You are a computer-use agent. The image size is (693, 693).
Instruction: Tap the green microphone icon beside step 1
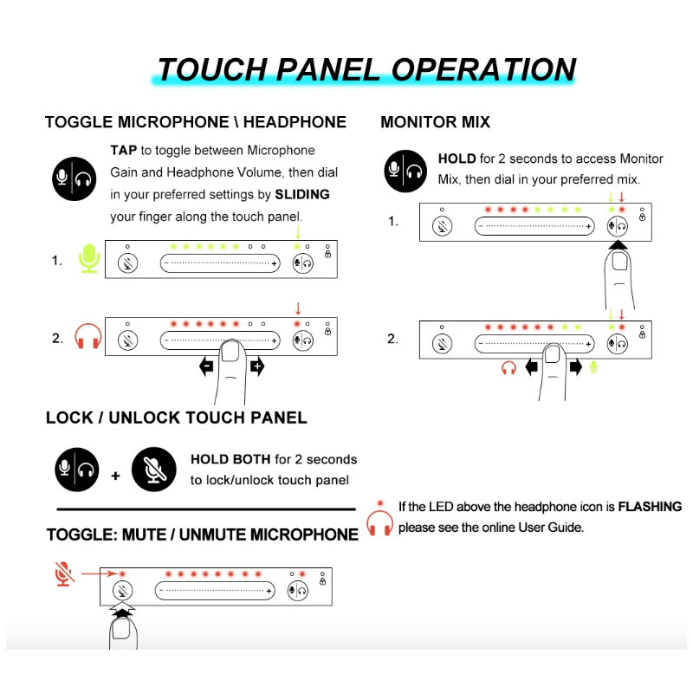[x=89, y=259]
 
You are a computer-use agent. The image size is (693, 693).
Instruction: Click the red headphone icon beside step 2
[x=88, y=337]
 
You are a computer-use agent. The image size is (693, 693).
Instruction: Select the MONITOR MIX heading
[x=435, y=122]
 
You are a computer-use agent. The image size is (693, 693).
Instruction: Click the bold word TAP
[x=124, y=150]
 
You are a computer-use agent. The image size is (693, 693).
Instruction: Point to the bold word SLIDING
[x=302, y=194]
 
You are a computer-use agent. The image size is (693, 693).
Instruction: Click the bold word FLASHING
[x=650, y=507]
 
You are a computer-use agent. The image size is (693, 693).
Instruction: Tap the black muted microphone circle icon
[x=154, y=470]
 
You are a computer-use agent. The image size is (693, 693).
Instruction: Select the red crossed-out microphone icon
[x=62, y=573]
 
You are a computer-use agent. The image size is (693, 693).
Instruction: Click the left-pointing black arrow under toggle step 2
[x=207, y=366]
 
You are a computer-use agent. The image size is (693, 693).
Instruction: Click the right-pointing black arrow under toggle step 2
[x=256, y=366]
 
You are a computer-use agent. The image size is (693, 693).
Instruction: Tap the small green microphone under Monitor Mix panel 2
[x=593, y=367]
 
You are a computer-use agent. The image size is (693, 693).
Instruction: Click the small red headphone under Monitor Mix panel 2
[x=509, y=367]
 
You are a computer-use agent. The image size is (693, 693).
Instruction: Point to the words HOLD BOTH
[x=230, y=459]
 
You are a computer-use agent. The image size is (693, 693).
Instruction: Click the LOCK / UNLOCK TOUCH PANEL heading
[x=176, y=418]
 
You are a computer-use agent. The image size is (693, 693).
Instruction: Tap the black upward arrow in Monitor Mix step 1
[x=617, y=248]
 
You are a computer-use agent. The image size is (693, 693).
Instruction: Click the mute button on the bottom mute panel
[x=123, y=592]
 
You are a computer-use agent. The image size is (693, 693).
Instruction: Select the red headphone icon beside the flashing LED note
[x=379, y=523]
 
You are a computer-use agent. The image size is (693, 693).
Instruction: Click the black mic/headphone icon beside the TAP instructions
[x=74, y=178]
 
